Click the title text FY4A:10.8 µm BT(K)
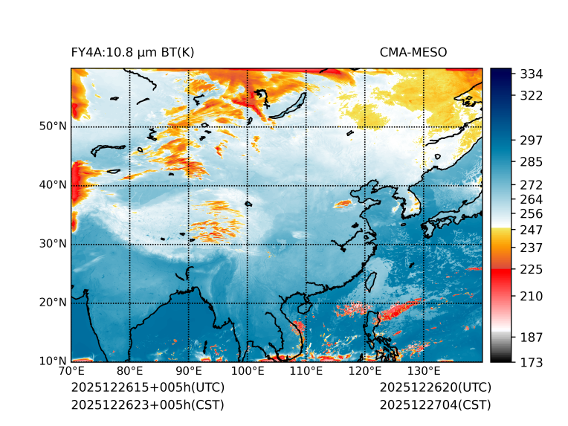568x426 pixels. [132, 52]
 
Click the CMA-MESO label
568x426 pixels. [413, 52]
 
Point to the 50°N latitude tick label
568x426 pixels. [53, 126]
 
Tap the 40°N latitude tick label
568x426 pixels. [53, 185]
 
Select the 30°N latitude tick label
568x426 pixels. [53, 244]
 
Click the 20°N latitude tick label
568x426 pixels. [53, 303]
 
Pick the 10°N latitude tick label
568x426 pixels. [53, 361]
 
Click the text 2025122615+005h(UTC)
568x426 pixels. [147, 388]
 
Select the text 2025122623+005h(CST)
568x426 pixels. [147, 405]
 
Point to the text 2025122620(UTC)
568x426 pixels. [435, 388]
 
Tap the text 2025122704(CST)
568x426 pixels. [435, 405]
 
